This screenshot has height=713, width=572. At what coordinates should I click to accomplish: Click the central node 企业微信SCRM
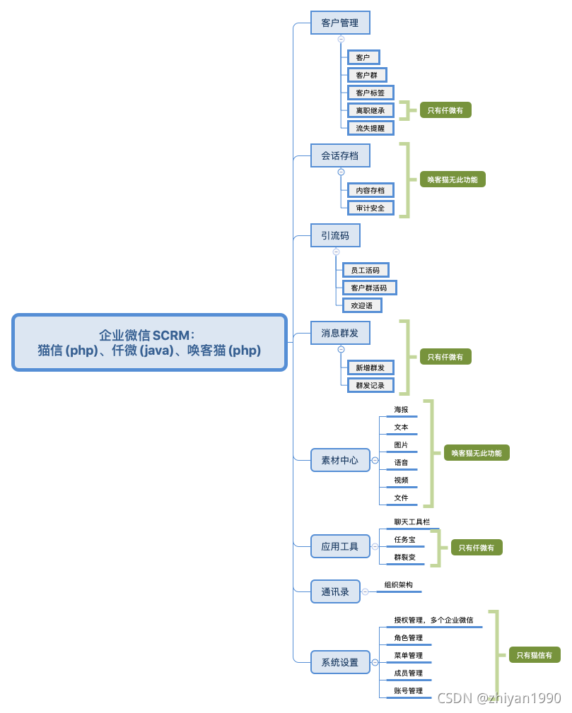[149, 342]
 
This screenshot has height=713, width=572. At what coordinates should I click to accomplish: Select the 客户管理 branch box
[340, 23]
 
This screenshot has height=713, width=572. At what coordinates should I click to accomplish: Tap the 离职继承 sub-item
[370, 110]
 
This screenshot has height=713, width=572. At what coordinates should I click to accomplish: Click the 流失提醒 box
[370, 128]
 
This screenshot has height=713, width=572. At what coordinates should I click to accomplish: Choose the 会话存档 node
[340, 155]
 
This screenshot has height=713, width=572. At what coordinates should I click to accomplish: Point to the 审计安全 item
[370, 208]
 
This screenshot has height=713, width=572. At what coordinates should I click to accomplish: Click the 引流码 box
[335, 235]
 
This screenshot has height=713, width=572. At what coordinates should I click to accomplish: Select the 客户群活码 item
[369, 288]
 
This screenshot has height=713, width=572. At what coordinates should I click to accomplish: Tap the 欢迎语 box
[362, 305]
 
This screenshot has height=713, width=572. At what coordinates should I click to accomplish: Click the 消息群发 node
[340, 332]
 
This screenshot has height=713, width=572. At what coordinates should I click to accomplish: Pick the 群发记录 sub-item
[370, 385]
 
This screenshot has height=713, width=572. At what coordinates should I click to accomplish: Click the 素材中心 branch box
[340, 460]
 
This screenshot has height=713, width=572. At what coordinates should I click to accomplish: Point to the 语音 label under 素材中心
[401, 462]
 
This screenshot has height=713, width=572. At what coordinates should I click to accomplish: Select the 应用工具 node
[340, 546]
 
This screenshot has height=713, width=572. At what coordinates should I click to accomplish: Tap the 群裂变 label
[405, 557]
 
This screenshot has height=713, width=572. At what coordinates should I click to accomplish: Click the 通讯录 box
[335, 591]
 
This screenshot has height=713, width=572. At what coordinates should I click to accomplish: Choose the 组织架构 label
[399, 585]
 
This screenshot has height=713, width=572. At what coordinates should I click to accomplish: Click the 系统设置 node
[340, 662]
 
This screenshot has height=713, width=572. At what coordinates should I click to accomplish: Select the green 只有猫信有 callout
[535, 655]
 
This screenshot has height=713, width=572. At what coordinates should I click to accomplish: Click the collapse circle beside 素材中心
[375, 460]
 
